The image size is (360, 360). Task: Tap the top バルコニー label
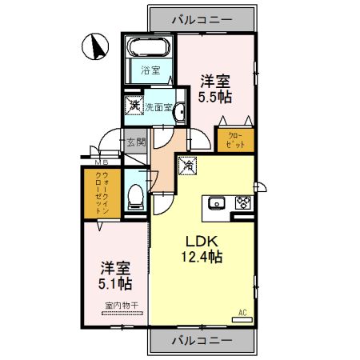tap(202, 18)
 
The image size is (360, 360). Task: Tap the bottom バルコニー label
tap(202, 341)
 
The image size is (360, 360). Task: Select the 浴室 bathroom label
tap(149, 70)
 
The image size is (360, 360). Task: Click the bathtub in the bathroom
tap(148, 46)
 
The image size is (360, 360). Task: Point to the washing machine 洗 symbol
tap(134, 105)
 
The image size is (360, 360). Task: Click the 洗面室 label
tap(158, 106)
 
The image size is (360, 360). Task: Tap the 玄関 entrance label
tap(136, 143)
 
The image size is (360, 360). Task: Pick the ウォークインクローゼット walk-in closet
tap(101, 193)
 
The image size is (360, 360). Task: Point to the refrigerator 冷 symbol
tap(188, 166)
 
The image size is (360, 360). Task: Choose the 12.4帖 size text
tap(202, 258)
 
